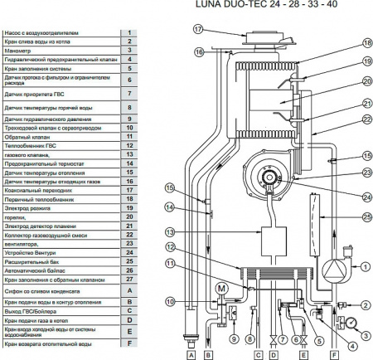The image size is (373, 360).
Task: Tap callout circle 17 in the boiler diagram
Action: point(197,28)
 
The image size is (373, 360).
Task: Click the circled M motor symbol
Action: point(221,288)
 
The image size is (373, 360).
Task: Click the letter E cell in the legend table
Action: point(130,330)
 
